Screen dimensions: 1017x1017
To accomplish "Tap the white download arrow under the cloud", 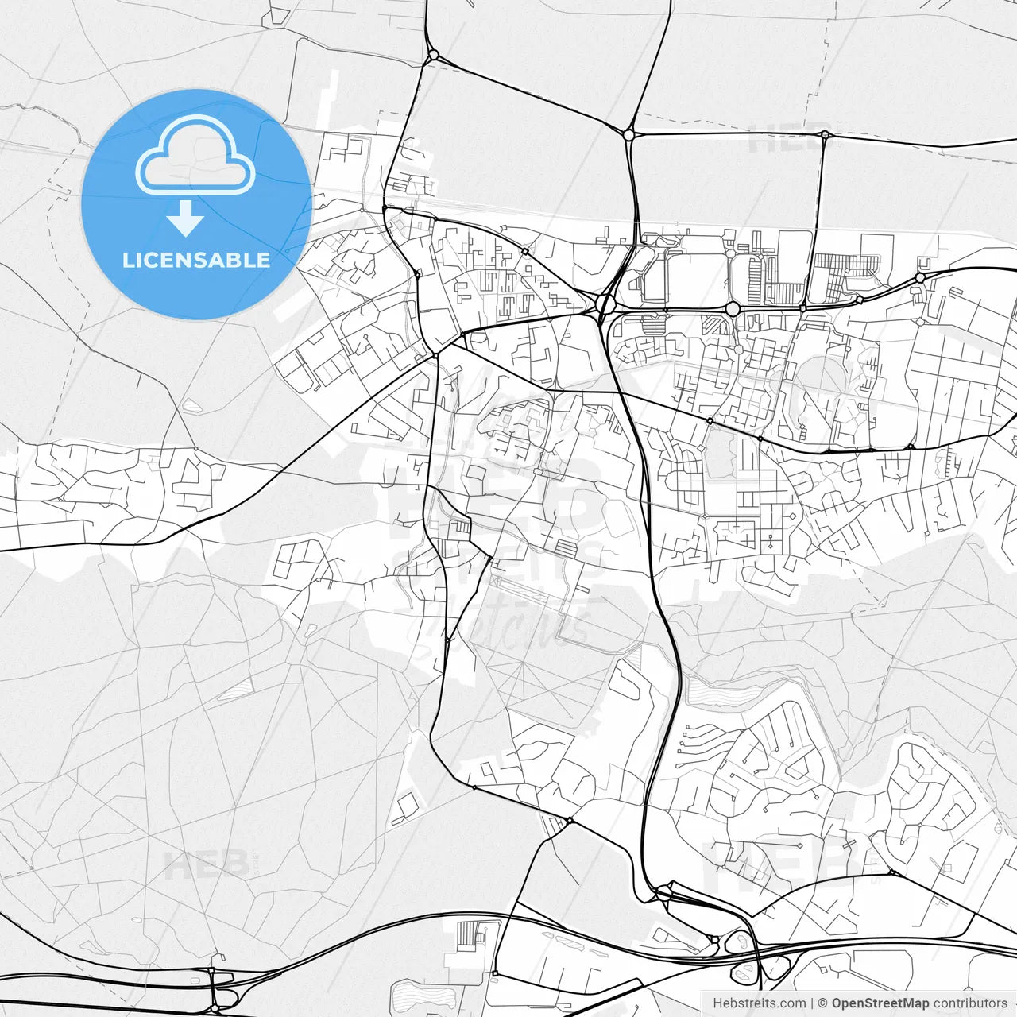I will click(186, 218).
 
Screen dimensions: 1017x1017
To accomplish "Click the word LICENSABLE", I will click(196, 260).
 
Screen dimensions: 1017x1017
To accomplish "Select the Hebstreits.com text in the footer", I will click(759, 1003).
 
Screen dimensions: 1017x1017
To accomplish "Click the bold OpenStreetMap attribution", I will click(880, 1003).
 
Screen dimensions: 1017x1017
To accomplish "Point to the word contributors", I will click(970, 1003).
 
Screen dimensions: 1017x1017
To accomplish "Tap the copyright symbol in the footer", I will click(823, 1003).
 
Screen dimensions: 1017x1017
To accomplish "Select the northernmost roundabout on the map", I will click(432, 56).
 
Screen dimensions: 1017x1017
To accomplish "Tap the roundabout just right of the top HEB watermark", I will click(826, 135).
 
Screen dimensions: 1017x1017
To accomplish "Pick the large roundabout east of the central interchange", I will click(733, 308).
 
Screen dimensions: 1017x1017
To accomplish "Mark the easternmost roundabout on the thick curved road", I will click(920, 278).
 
